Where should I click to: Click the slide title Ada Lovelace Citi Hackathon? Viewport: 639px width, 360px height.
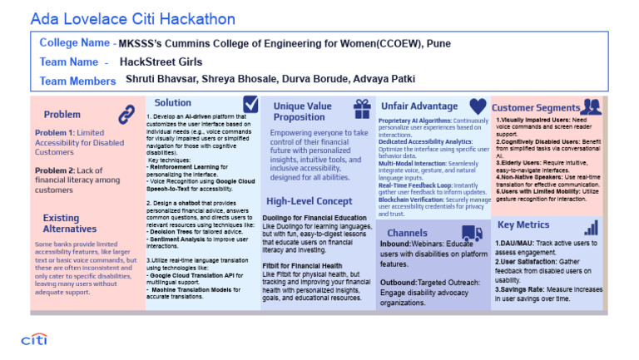(132, 18)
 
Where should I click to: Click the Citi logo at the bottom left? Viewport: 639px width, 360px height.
(33, 339)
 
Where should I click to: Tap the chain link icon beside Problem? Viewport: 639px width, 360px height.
(126, 114)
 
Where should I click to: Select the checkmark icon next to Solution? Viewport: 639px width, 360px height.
(250, 103)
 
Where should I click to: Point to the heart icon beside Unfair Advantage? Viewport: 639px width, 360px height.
(478, 106)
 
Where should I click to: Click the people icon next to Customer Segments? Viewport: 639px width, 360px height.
(591, 106)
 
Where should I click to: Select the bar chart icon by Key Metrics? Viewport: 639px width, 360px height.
(591, 227)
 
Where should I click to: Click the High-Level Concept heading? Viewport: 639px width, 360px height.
(310, 201)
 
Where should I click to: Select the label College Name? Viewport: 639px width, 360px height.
(75, 42)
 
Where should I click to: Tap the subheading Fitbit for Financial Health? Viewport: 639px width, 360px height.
(303, 266)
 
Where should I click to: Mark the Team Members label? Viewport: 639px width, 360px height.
(77, 81)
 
